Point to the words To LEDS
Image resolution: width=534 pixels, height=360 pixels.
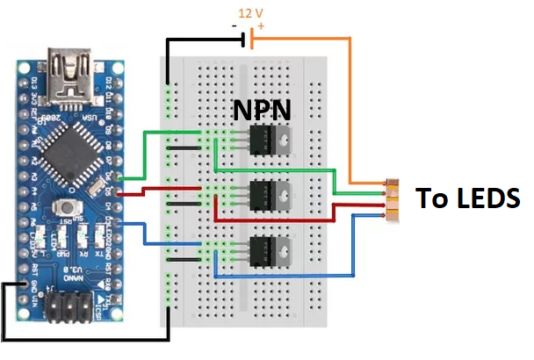(x=466, y=197)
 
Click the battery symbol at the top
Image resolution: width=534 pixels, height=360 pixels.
(x=250, y=38)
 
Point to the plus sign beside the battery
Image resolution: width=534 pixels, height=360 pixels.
(x=262, y=27)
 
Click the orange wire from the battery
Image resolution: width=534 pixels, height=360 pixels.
(x=351, y=105)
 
